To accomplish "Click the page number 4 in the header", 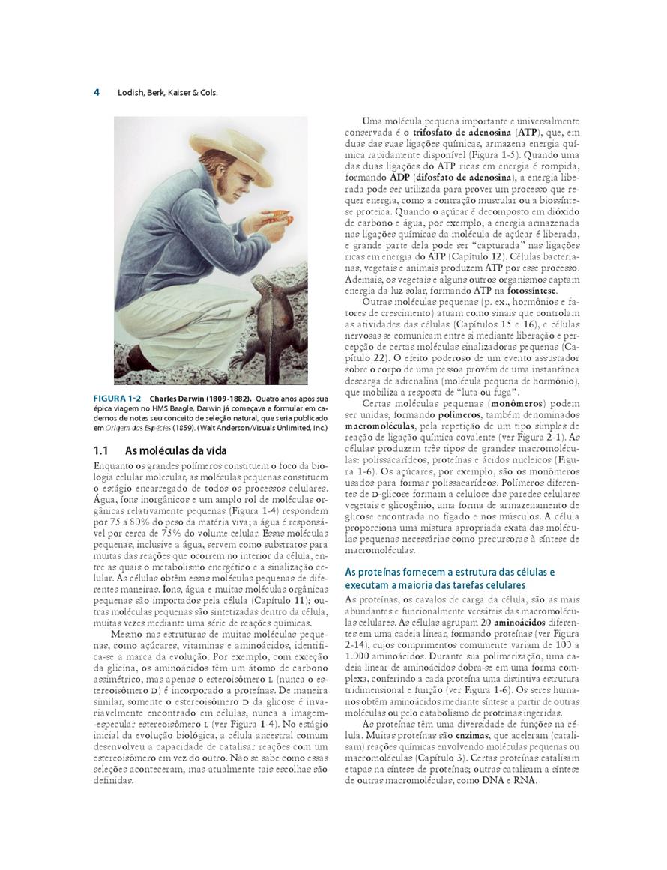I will point(97,93).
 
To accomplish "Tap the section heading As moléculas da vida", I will point(175,450).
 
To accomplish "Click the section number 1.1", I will point(102,450).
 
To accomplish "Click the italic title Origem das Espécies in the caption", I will point(137,428).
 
